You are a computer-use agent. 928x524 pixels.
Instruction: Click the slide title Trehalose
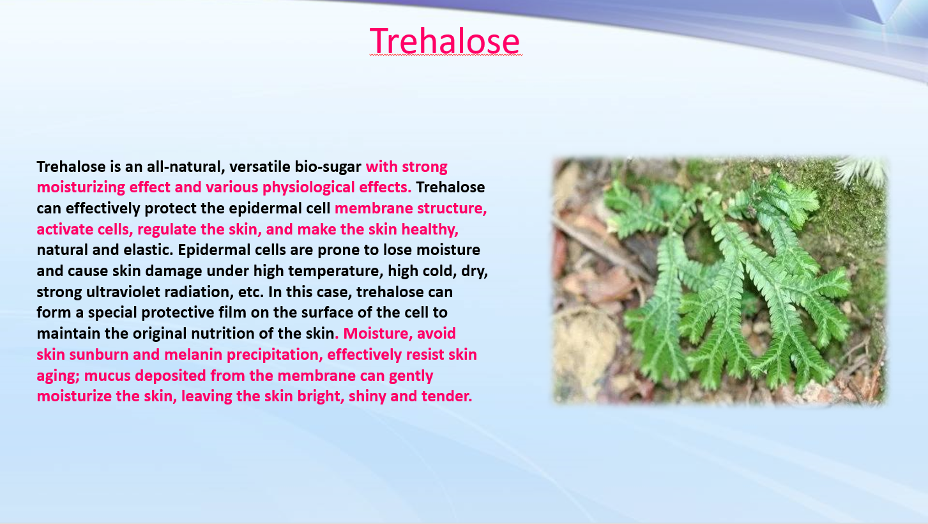point(445,41)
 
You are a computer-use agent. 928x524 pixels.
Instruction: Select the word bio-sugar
point(328,167)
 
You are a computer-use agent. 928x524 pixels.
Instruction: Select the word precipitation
point(275,355)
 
